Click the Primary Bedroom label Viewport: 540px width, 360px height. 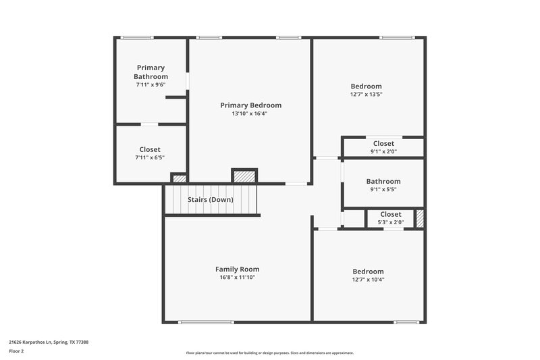pyautogui.click(x=250, y=105)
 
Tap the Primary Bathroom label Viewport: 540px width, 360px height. pyautogui.click(x=151, y=72)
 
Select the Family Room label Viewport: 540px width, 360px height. pyautogui.click(x=237, y=269)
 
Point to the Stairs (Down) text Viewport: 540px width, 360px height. pyautogui.click(x=211, y=200)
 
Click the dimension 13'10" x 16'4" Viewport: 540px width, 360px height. pyautogui.click(x=250, y=114)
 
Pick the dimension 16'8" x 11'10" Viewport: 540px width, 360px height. pyautogui.click(x=237, y=278)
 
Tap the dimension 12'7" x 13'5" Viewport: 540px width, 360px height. pyautogui.click(x=366, y=95)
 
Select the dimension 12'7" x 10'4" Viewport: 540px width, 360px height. pyautogui.click(x=368, y=280)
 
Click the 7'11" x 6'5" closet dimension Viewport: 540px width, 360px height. pyautogui.click(x=150, y=157)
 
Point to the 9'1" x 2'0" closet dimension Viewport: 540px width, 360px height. pyautogui.click(x=383, y=152)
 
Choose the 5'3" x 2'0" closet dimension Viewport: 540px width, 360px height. pyautogui.click(x=390, y=222)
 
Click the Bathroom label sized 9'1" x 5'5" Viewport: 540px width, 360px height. pyautogui.click(x=383, y=181)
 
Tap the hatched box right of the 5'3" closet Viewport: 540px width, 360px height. pyautogui.click(x=419, y=219)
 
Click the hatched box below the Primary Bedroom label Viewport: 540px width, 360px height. pyautogui.click(x=244, y=176)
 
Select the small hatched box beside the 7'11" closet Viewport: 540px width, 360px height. pyautogui.click(x=179, y=179)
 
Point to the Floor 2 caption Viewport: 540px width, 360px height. pyautogui.click(x=16, y=351)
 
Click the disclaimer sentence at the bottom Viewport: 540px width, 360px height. pyautogui.click(x=270, y=353)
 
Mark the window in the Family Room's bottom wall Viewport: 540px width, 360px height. pyautogui.click(x=202, y=322)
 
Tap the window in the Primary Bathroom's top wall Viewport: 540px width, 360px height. pyautogui.click(x=137, y=37)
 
